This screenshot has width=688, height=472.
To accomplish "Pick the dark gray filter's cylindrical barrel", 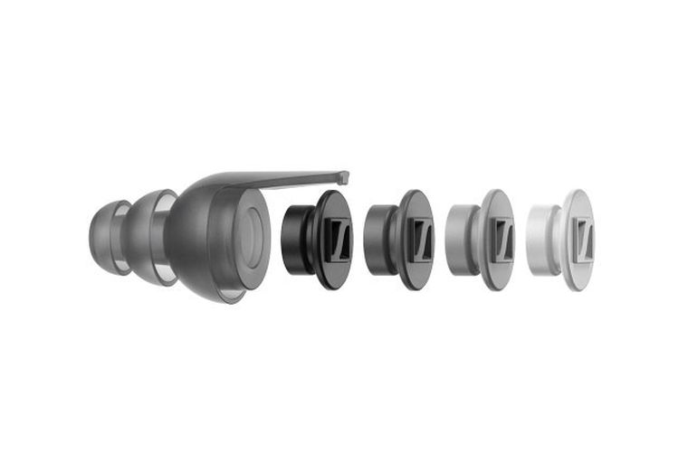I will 377,240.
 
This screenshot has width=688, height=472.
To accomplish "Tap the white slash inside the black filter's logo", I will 339,241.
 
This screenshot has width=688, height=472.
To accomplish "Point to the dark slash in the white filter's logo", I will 584,240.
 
